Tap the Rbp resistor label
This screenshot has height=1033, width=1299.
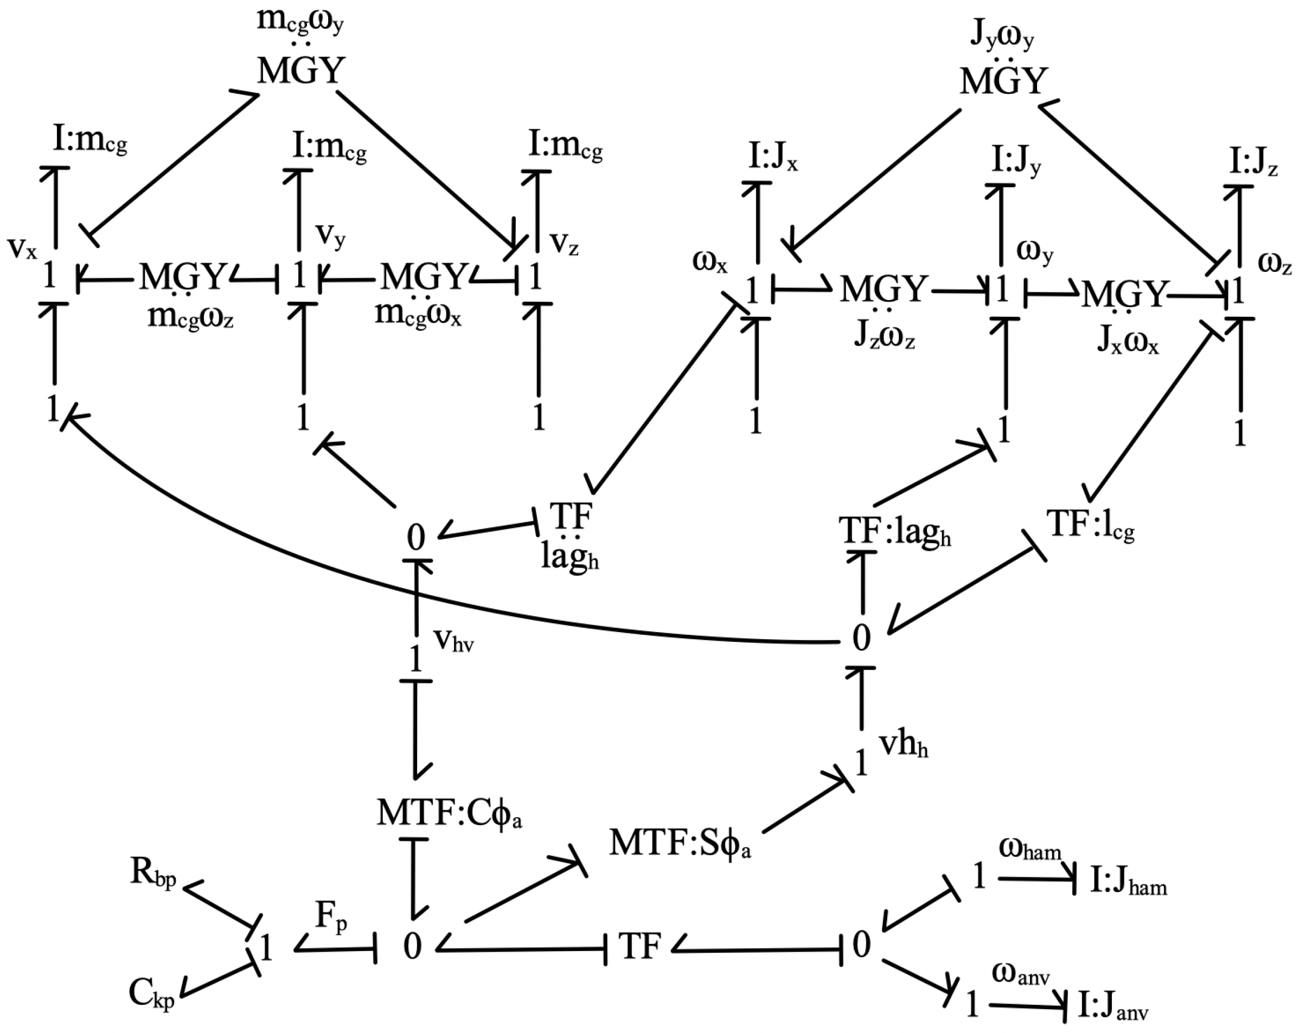pyautogui.click(x=153, y=874)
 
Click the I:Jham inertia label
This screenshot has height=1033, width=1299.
pyautogui.click(x=1129, y=882)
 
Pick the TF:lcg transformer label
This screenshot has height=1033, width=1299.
pyautogui.click(x=1091, y=524)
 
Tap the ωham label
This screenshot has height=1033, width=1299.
pyautogui.click(x=1029, y=849)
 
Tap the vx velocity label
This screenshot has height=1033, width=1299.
pyautogui.click(x=23, y=247)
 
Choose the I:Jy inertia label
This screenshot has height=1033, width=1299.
pyautogui.click(x=1016, y=162)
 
